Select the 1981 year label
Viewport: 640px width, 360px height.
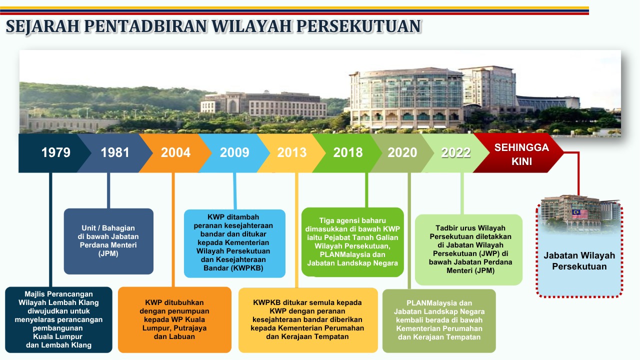coord(115,153)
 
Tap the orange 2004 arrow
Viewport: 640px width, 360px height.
coord(175,153)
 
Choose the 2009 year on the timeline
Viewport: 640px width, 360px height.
coord(234,153)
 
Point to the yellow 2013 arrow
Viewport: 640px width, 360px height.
coord(292,153)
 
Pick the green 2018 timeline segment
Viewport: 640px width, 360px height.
coord(348,153)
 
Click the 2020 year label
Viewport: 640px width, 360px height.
coord(402,153)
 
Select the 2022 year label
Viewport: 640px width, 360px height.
coord(455,153)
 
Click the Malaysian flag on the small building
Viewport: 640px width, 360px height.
coord(579,214)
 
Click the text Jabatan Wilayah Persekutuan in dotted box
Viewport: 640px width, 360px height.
coord(579,261)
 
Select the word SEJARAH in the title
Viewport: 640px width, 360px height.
coord(41,26)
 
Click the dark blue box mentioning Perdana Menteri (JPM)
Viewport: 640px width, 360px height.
coord(108,241)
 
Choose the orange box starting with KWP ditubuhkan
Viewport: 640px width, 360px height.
coord(174,319)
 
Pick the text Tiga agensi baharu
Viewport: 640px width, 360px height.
coord(352,220)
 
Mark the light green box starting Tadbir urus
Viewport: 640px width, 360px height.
coord(468,249)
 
